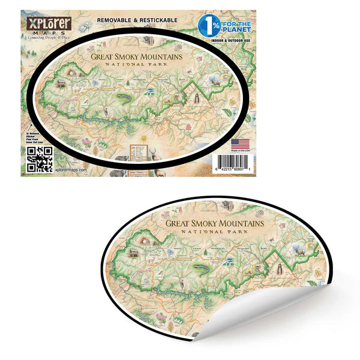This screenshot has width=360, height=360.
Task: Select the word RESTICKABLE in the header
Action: [157, 19]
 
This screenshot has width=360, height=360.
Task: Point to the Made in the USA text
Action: [239, 151]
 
